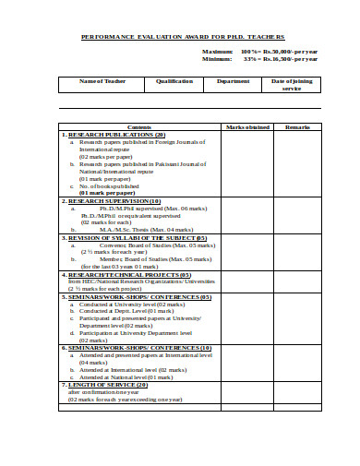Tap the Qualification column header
click(x=174, y=81)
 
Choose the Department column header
click(x=233, y=81)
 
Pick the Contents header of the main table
click(x=139, y=126)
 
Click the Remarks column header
click(x=297, y=126)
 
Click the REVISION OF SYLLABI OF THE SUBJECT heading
click(x=138, y=237)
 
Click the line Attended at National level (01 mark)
click(x=126, y=376)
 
